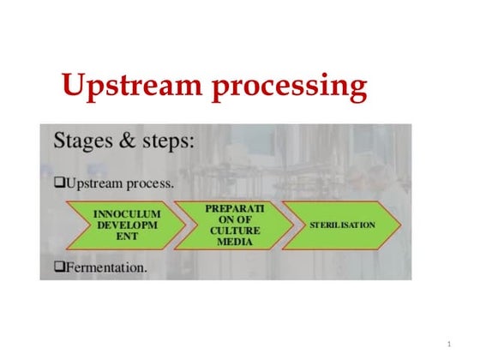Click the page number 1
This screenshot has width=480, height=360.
pos(448,343)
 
